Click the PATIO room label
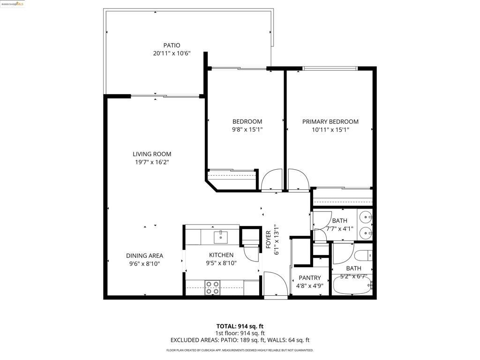coord(172,45)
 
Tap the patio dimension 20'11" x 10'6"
coord(172,53)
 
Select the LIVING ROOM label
coord(152,154)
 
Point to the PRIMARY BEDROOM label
coord(330,121)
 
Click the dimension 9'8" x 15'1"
coord(247,129)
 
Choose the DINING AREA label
coord(144,255)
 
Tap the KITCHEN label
coord(221,255)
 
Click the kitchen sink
coord(220,237)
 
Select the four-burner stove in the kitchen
coord(212,288)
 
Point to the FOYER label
coord(269,240)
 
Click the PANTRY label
coord(310,277)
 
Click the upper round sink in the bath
coord(366,217)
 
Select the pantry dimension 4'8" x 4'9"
coord(310,286)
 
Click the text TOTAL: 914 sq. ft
coord(240,326)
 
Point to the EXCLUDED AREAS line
coord(240,340)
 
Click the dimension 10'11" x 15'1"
coord(330,129)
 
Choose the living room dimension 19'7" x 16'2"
coord(152,162)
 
